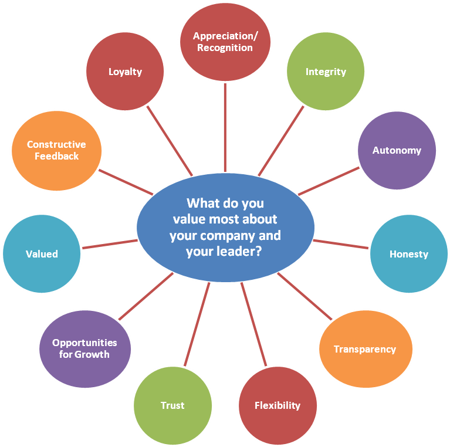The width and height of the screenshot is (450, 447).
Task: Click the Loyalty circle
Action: click(x=125, y=71)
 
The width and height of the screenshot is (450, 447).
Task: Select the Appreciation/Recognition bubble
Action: click(x=225, y=42)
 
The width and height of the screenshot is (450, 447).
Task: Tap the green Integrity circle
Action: click(x=326, y=72)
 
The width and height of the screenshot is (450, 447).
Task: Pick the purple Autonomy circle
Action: click(x=397, y=150)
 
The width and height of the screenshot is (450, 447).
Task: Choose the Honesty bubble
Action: click(x=408, y=254)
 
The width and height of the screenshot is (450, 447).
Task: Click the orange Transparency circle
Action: click(x=365, y=349)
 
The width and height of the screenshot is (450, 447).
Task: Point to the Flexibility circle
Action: click(x=278, y=405)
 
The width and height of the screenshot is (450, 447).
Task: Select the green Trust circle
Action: click(x=172, y=405)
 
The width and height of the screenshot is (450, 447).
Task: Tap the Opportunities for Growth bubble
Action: click(x=84, y=348)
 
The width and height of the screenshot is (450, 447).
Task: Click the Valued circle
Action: click(x=42, y=254)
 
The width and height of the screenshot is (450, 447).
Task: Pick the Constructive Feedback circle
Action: click(x=56, y=150)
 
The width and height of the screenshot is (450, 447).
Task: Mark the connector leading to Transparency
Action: click(x=304, y=296)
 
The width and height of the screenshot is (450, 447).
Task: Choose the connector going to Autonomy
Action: click(x=329, y=181)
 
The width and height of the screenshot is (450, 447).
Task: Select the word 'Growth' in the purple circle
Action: click(x=92, y=354)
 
